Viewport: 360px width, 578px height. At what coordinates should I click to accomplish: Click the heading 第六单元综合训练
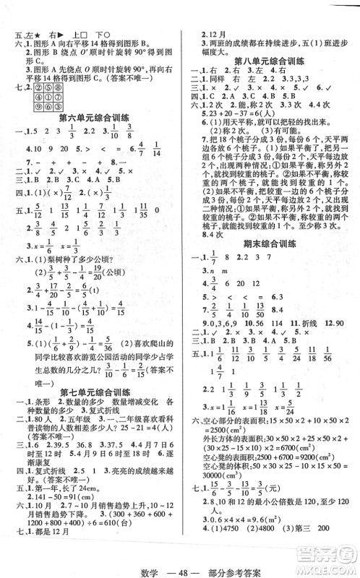(x=93, y=116)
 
